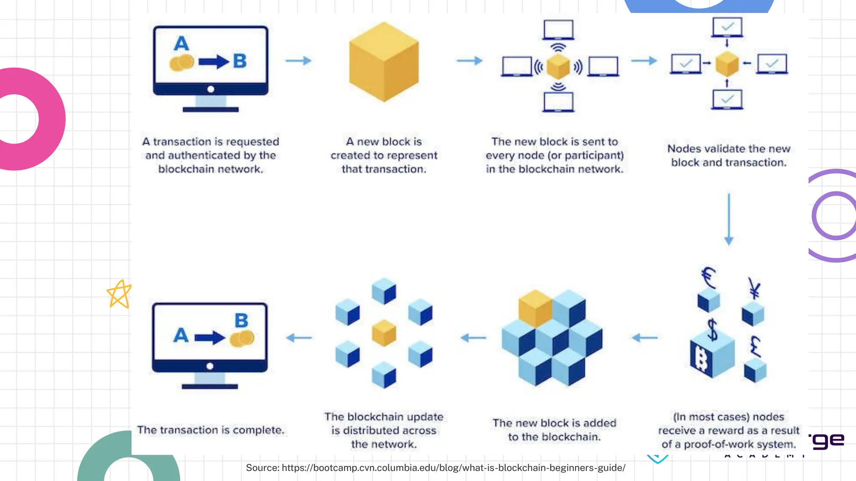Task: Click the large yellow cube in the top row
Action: point(384,62)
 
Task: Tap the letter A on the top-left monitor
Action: point(181,43)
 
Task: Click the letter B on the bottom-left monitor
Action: point(241,321)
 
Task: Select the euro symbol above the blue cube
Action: point(708,278)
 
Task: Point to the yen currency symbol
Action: point(754,288)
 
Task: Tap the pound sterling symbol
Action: point(755,347)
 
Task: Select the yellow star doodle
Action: point(119,294)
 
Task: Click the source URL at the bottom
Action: point(436,468)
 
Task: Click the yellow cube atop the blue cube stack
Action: point(535,308)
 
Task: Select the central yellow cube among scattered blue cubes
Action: point(384,333)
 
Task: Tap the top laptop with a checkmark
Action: point(727,27)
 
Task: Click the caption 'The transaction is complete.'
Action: point(211,430)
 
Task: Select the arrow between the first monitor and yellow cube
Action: point(298,61)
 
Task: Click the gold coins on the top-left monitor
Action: point(182,63)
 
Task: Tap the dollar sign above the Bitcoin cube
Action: point(712,330)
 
